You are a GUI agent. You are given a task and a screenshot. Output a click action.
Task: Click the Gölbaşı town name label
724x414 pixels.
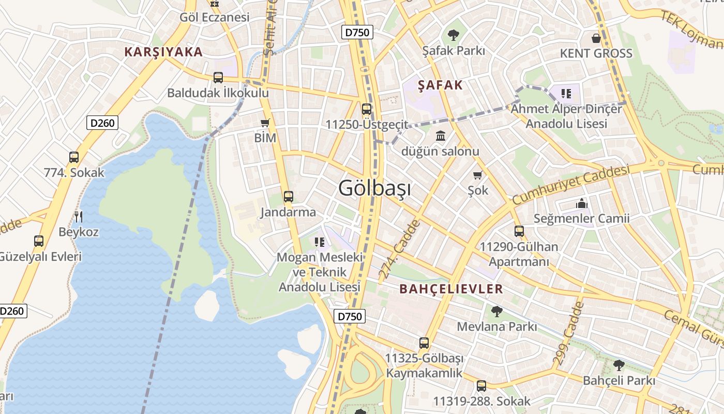click(374, 188)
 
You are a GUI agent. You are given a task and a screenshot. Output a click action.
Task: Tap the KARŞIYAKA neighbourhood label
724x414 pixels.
click(163, 52)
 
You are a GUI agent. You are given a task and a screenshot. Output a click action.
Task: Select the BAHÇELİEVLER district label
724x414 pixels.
click(451, 289)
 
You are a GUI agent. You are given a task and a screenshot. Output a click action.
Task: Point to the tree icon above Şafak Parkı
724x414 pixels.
click(454, 36)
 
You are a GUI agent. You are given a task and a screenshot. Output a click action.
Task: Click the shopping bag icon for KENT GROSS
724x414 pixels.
click(596, 38)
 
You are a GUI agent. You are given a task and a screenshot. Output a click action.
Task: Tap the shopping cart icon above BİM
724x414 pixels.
click(265, 123)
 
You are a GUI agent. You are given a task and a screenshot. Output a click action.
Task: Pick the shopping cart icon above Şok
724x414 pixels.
click(478, 175)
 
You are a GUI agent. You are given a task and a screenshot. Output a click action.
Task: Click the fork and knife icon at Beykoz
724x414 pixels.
click(79, 216)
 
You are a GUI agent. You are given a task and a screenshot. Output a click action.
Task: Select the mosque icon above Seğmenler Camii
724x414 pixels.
click(582, 203)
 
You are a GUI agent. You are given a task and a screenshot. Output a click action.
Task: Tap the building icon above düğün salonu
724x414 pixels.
click(441, 136)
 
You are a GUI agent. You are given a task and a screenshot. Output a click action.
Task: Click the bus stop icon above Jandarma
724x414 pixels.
click(289, 197)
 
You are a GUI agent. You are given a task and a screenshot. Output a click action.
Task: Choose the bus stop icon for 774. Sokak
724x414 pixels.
click(74, 157)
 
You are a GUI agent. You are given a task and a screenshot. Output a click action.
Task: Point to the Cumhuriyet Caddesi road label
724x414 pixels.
click(571, 185)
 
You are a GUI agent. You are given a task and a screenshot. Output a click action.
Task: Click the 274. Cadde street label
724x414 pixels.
click(399, 250)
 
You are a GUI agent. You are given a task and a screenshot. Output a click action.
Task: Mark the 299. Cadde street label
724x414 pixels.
click(567, 334)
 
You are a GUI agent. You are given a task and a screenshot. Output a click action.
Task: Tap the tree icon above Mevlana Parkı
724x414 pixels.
click(496, 311)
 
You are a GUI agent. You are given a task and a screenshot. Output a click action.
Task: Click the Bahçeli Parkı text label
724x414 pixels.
click(619, 380)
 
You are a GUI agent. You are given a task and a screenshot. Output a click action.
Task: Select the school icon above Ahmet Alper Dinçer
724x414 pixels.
click(566, 94)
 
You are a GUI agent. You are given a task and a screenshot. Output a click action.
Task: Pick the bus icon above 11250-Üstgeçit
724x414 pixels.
click(367, 109)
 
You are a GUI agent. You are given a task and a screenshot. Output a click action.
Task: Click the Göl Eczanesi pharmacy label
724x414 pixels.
click(215, 17)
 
